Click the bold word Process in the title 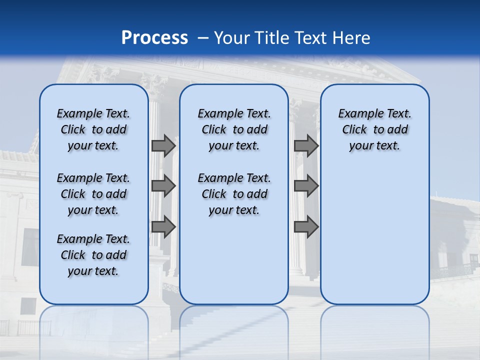(154, 38)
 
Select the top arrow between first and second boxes (163, 145)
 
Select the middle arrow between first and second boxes (163, 186)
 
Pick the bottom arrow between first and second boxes (163, 227)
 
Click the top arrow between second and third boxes (306, 145)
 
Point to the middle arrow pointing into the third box (306, 186)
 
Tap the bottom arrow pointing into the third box (306, 227)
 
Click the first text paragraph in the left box (93, 129)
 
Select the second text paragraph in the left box (93, 194)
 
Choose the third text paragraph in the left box (93, 255)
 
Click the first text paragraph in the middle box (234, 129)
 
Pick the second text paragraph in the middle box (234, 194)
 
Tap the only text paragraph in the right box (374, 129)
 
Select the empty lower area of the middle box (234, 260)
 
